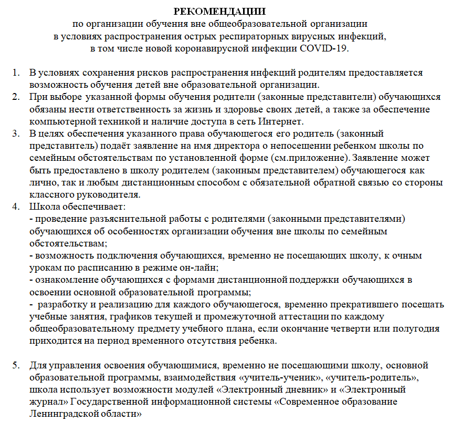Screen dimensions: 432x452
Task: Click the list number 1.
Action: point(16,73)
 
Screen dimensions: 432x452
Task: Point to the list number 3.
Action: point(16,133)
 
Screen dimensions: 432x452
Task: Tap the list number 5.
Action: point(16,364)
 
